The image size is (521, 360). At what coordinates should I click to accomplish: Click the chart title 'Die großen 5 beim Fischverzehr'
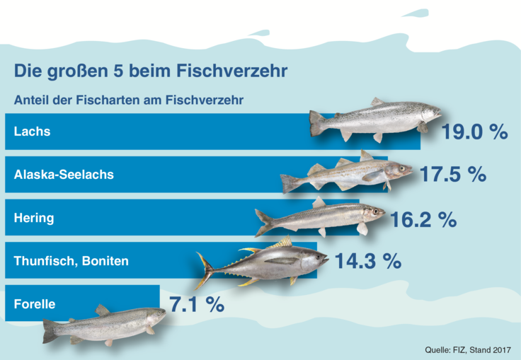pos(150,72)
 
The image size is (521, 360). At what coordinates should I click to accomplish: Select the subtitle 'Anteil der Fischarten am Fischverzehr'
pos(129,100)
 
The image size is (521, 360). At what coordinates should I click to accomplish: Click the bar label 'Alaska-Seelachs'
pos(63,175)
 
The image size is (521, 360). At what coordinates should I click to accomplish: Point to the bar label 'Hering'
pos(34,218)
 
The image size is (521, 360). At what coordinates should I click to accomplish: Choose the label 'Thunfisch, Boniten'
pos(71,261)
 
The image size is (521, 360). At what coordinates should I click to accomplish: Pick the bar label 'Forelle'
pos(35,304)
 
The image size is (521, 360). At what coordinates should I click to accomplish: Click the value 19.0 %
pos(474,132)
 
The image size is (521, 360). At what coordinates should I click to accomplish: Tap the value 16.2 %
pos(423,219)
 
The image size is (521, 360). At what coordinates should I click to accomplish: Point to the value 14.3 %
pos(367,262)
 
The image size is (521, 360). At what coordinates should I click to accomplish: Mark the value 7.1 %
pos(197,305)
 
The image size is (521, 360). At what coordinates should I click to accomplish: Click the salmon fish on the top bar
pos(375,118)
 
